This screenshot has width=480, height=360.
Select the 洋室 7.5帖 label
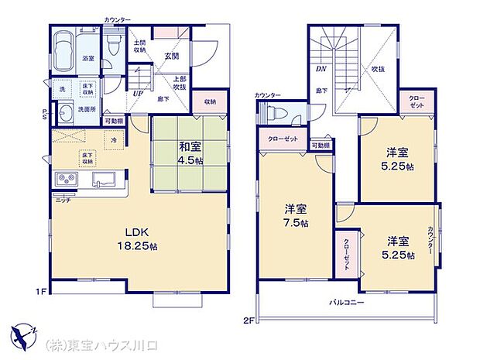tap(295, 215)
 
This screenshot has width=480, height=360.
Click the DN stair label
tap(321, 68)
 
